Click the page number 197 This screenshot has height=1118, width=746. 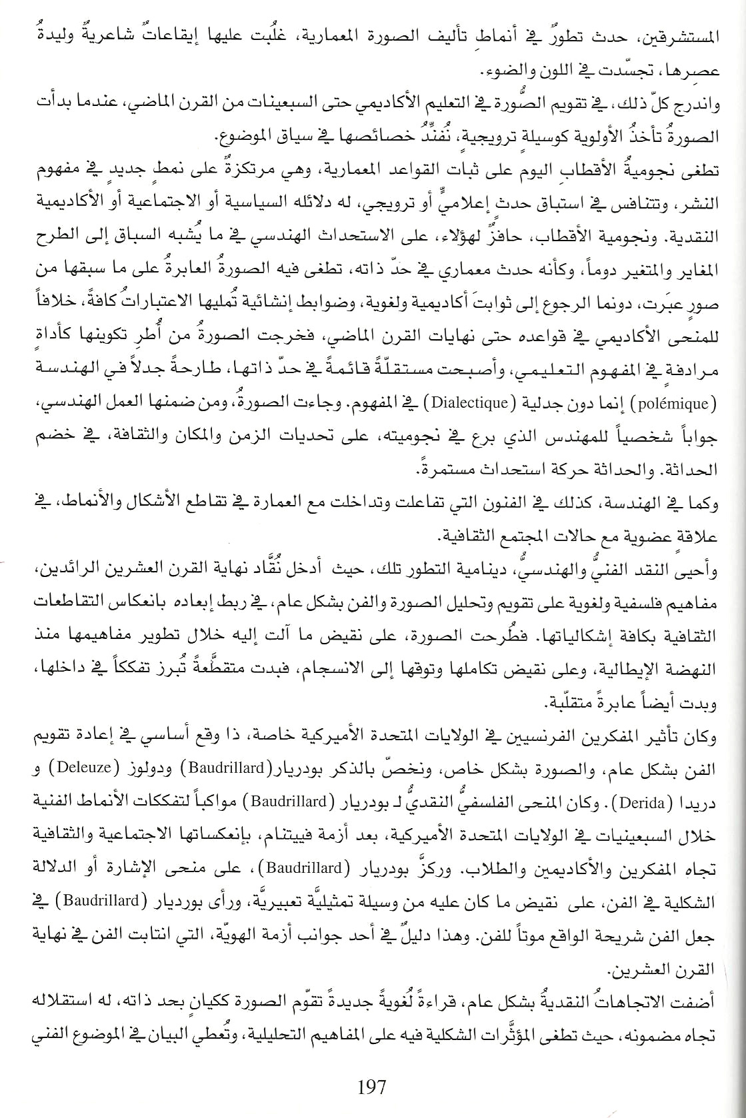[x=371, y=1088]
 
